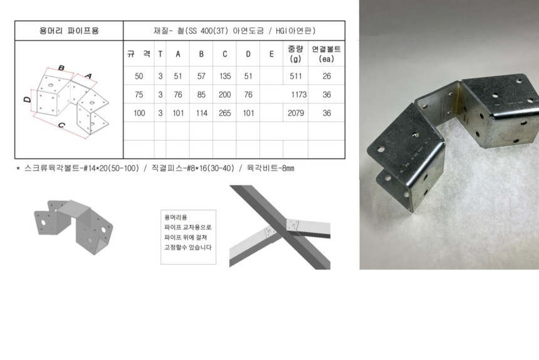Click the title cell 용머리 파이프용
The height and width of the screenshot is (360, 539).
(69, 31)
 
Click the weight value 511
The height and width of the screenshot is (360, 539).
(296, 76)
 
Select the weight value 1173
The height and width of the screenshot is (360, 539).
(299, 95)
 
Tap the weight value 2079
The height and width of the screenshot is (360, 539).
(296, 113)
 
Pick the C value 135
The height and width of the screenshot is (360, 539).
(225, 76)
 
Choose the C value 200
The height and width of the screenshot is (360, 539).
(225, 95)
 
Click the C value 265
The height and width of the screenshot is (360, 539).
(225, 113)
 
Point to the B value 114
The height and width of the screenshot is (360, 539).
(201, 113)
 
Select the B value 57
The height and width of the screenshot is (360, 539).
(201, 76)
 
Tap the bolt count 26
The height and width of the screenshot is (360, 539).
(327, 76)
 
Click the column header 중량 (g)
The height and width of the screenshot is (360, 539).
(296, 54)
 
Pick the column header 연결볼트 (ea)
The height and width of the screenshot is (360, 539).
(326, 54)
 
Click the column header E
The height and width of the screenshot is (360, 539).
(271, 54)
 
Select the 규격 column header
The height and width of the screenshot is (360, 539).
(139, 54)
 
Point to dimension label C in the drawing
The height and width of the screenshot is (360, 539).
(61, 125)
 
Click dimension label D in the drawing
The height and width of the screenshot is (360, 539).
(27, 100)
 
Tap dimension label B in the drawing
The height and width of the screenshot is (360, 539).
(61, 68)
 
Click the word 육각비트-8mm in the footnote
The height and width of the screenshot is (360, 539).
(271, 168)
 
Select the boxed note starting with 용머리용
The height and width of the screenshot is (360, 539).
(189, 237)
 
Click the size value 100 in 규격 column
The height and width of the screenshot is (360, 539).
(139, 113)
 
